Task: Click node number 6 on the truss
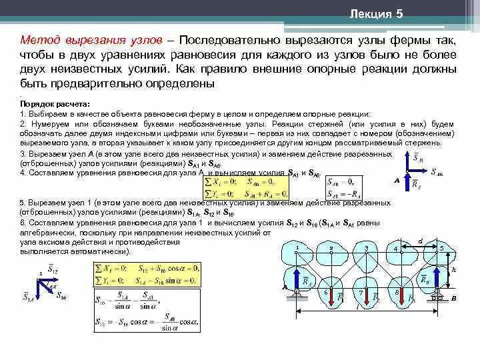click(327, 292)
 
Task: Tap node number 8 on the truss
click(396, 291)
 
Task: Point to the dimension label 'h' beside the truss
click(453, 270)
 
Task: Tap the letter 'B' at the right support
click(453, 299)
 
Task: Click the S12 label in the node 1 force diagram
click(53, 270)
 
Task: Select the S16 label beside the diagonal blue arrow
click(61, 294)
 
